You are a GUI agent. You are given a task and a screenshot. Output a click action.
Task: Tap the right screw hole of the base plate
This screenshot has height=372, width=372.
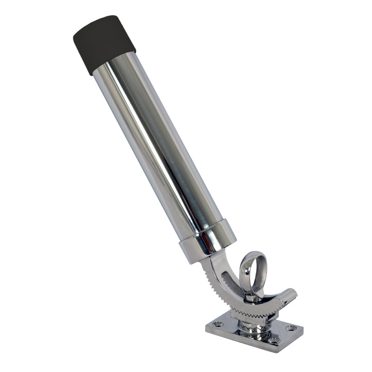[292, 328]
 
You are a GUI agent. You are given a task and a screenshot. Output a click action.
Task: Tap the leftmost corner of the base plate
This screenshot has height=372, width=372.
[206, 331]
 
